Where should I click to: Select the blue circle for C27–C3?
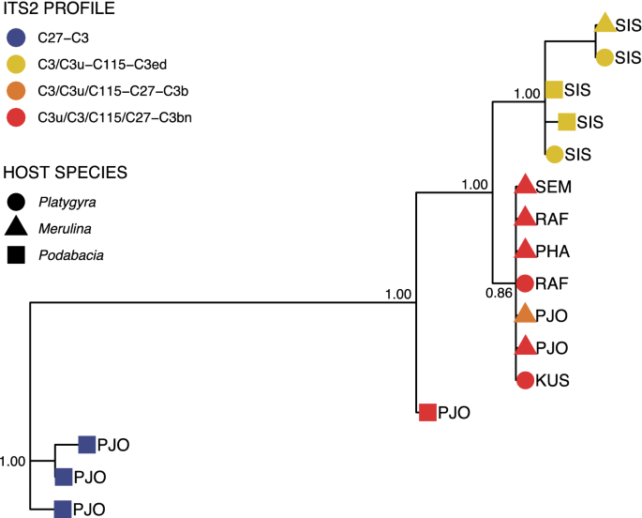(x=15, y=39)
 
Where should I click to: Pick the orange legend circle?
(x=15, y=93)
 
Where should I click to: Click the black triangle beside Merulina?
(x=15, y=226)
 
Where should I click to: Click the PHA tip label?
(x=554, y=251)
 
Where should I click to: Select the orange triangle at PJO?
(x=526, y=315)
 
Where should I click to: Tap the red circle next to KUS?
(x=526, y=380)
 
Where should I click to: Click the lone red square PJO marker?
(x=427, y=411)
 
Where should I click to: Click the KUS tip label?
(x=554, y=380)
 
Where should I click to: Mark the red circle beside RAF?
(x=526, y=282)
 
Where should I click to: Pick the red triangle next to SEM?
(x=526, y=186)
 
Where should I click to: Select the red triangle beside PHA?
(x=526, y=251)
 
